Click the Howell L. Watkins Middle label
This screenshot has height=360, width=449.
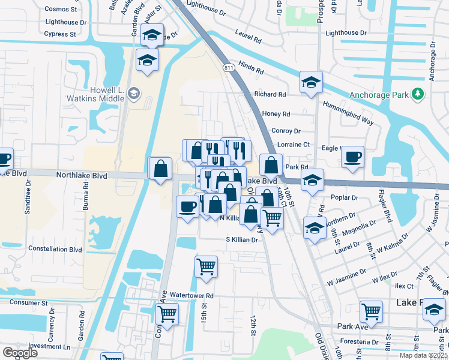(x=102, y=92)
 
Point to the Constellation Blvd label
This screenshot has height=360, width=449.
(x=55, y=249)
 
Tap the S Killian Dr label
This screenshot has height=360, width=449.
(x=241, y=239)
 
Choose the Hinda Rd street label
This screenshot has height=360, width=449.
(x=251, y=70)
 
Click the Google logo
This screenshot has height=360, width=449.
(x=20, y=353)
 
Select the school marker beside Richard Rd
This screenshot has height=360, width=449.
(x=311, y=82)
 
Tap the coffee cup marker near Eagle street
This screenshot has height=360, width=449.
(x=352, y=157)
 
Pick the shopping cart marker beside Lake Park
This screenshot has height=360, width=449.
(x=371, y=311)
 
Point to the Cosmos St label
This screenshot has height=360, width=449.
(x=61, y=10)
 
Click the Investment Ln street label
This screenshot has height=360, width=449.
(x=49, y=347)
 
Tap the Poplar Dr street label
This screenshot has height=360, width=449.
(x=344, y=197)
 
